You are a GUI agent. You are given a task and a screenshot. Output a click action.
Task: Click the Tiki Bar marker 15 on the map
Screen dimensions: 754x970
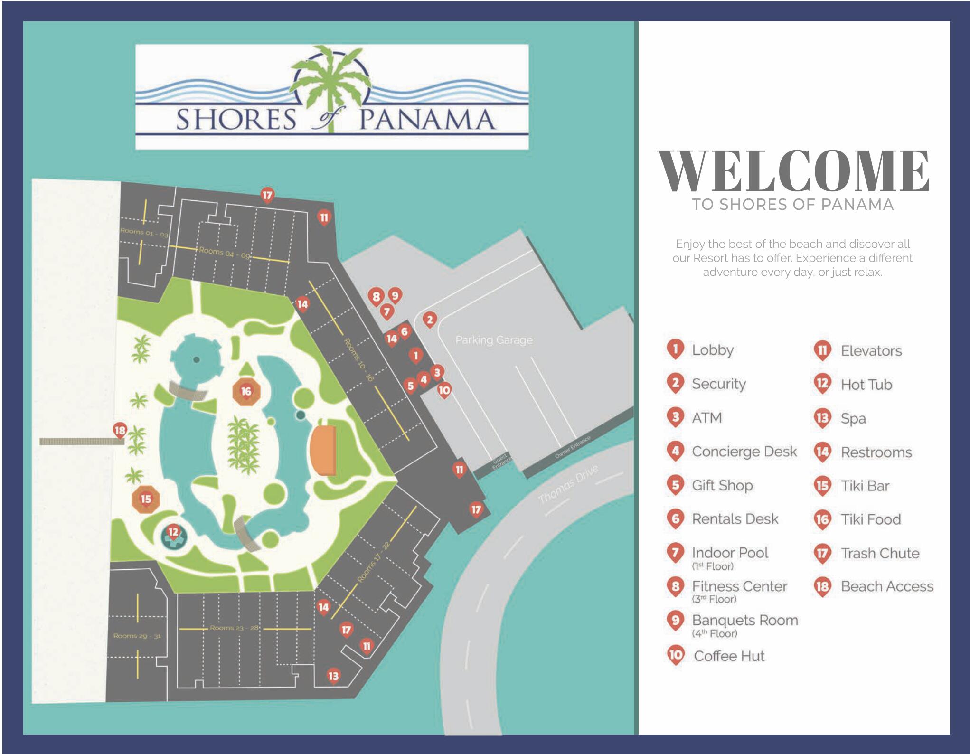coord(146,499)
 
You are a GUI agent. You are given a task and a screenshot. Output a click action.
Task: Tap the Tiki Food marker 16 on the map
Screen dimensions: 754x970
coord(246,392)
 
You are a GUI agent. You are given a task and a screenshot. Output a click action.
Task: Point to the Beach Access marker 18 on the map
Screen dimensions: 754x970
coord(120,431)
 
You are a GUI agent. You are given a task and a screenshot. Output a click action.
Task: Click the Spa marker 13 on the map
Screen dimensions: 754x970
coord(333,676)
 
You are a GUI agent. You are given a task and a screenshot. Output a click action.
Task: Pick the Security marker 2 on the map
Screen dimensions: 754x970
coord(430,320)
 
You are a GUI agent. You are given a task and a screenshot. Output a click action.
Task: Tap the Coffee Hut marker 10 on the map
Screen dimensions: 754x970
coord(444,390)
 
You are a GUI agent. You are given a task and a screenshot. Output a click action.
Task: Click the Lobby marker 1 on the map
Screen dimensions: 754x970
coord(416,355)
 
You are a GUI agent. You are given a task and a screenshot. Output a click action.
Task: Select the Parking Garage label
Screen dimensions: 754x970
coord(494,340)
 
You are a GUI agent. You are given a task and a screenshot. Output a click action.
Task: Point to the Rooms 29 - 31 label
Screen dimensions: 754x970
coord(137,636)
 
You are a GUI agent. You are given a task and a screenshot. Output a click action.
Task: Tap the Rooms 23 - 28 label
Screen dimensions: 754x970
coord(234,628)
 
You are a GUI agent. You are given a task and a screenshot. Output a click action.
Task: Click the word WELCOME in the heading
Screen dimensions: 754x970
coord(793,171)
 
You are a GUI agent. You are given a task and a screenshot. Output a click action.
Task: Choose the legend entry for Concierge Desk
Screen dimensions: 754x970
coord(744,452)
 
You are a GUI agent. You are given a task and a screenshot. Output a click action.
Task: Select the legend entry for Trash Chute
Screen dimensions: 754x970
coord(880,553)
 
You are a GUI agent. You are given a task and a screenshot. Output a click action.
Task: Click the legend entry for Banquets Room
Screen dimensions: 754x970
coord(744,621)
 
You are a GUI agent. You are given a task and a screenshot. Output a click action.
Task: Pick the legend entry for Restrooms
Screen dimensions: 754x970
coord(876,452)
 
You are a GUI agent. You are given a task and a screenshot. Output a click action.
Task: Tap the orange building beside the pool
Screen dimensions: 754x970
coord(323,450)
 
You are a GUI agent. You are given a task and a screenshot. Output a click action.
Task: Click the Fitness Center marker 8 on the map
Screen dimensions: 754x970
coord(376,297)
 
